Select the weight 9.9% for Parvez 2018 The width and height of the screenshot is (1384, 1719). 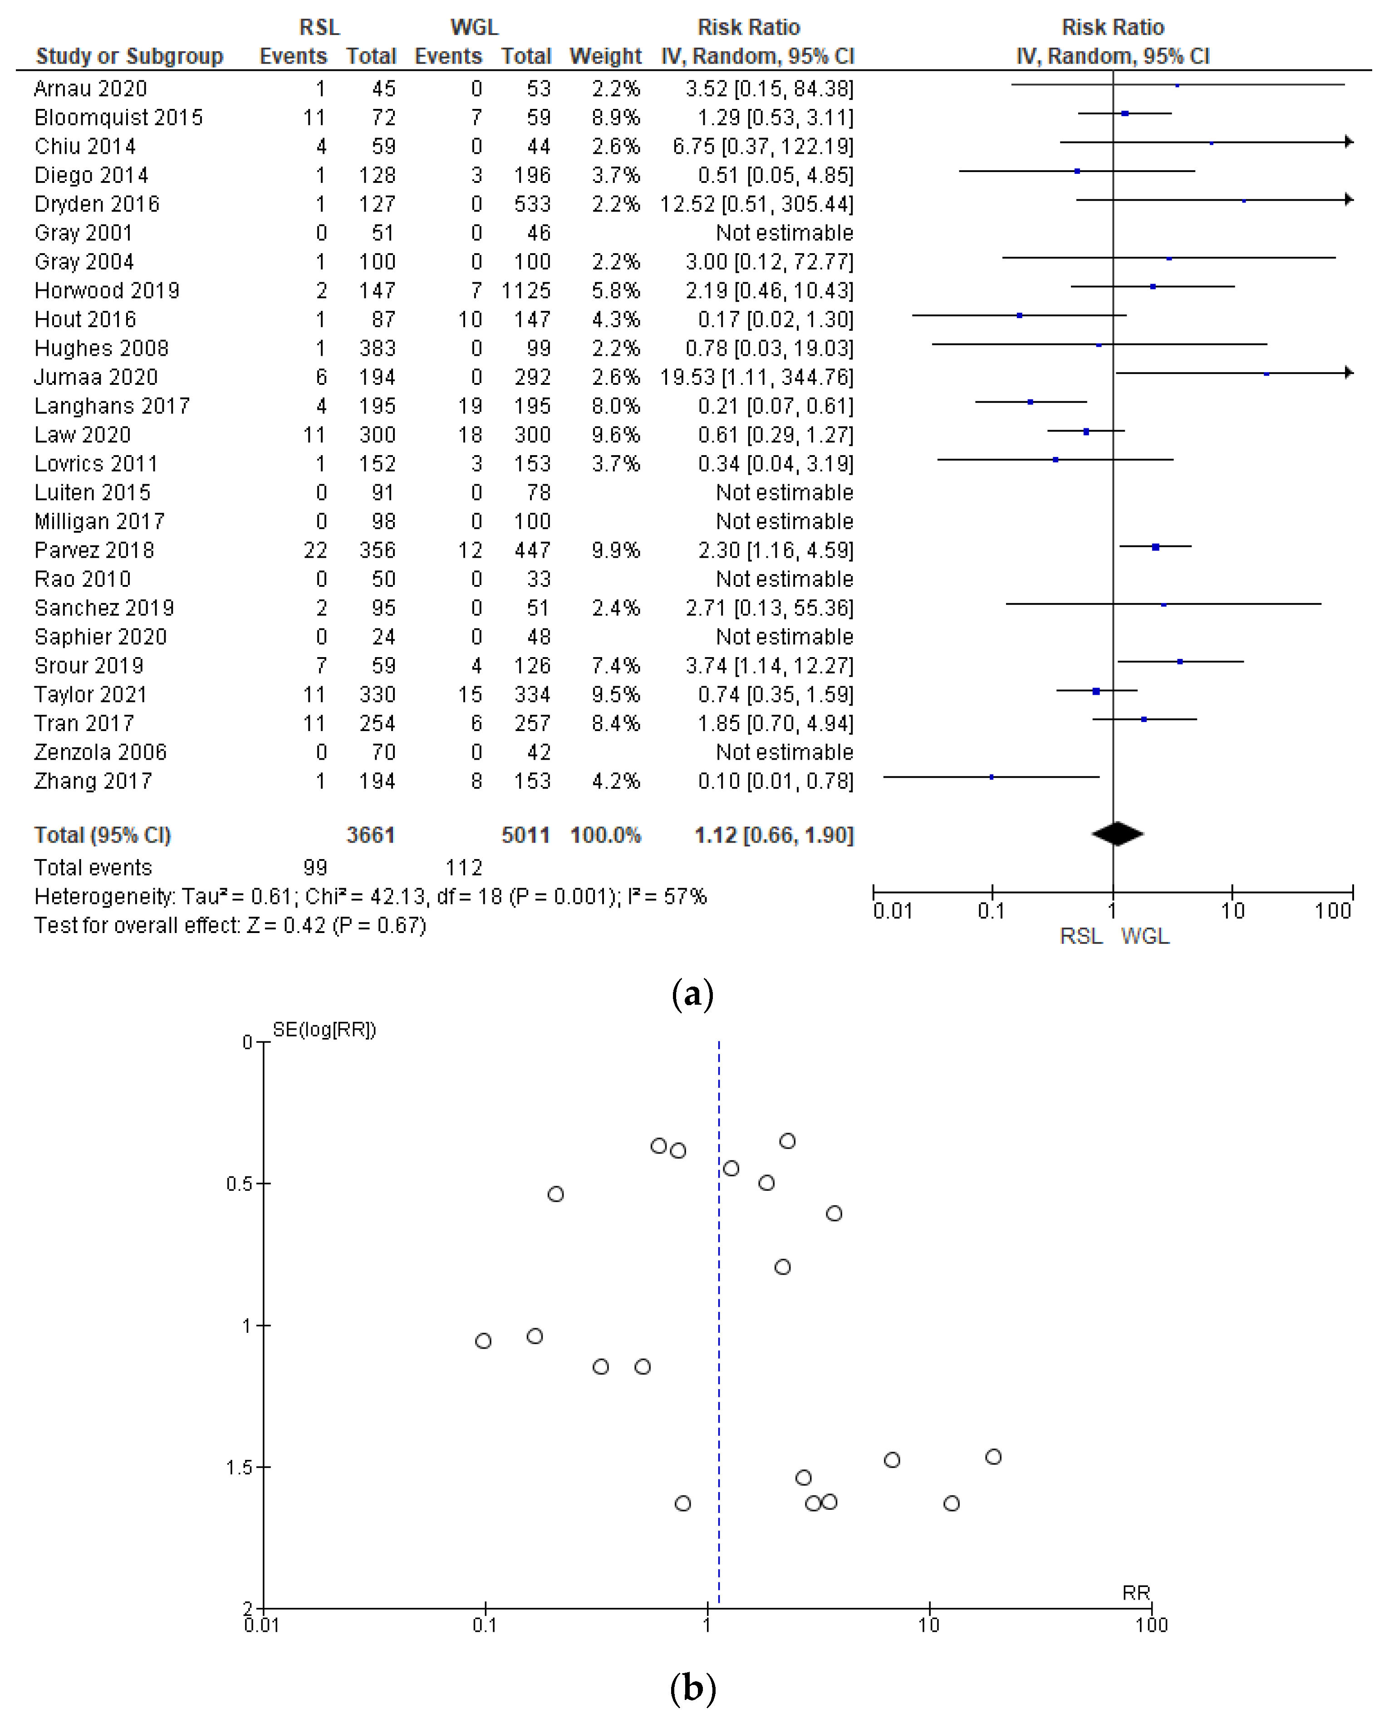tap(615, 550)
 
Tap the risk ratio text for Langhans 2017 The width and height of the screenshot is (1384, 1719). tap(775, 406)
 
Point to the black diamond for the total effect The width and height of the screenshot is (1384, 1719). tap(1117, 834)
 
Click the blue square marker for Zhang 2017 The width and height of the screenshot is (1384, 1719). tap(991, 776)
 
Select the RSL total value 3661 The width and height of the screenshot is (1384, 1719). tap(371, 835)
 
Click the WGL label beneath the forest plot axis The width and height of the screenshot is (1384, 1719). tap(1145, 936)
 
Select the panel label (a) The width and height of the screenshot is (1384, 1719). tap(692, 994)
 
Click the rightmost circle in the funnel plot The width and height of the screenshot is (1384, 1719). tap(993, 1457)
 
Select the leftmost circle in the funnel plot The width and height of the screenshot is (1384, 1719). tap(483, 1341)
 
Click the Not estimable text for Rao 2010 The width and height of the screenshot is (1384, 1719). tap(785, 579)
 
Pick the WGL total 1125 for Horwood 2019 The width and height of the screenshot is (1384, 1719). tap(526, 290)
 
